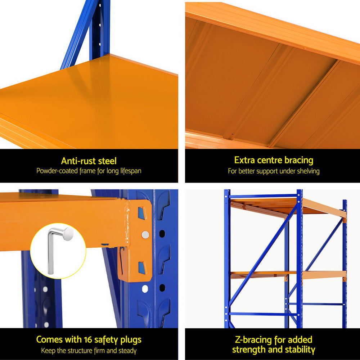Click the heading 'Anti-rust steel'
pos(89,161)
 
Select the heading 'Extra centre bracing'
pos(274,160)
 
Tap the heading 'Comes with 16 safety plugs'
pos(89,339)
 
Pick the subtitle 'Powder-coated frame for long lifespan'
pos(89,171)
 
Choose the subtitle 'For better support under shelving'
pos(274,171)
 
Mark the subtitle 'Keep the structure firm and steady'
pos(89,350)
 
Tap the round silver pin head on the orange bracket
pos(145,235)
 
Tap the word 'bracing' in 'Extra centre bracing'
pos(298,160)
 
